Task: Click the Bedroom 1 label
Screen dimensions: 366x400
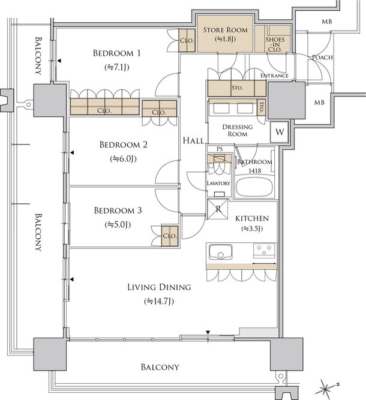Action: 116,53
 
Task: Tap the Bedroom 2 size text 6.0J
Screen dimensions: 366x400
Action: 123,159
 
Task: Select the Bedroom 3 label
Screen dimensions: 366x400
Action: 118,210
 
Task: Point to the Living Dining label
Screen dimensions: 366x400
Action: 159,287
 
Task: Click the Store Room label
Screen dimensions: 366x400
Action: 226,30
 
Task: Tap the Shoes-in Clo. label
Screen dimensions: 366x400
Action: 275,44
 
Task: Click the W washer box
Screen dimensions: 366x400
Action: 280,132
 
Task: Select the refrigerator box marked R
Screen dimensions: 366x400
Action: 217,209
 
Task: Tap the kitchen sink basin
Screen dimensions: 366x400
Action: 221,251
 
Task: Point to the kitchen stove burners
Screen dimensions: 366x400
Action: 264,251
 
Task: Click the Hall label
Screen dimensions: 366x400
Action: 193,140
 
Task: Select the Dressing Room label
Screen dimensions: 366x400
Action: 238,130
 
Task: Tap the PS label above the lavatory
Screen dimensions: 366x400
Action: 220,149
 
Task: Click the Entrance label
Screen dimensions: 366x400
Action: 274,76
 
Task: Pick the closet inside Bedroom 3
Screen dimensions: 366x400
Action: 169,236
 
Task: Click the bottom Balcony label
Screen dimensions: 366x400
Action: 160,367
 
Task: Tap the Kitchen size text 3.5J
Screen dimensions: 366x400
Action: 252,228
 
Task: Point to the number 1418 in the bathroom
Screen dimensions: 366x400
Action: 255,171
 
